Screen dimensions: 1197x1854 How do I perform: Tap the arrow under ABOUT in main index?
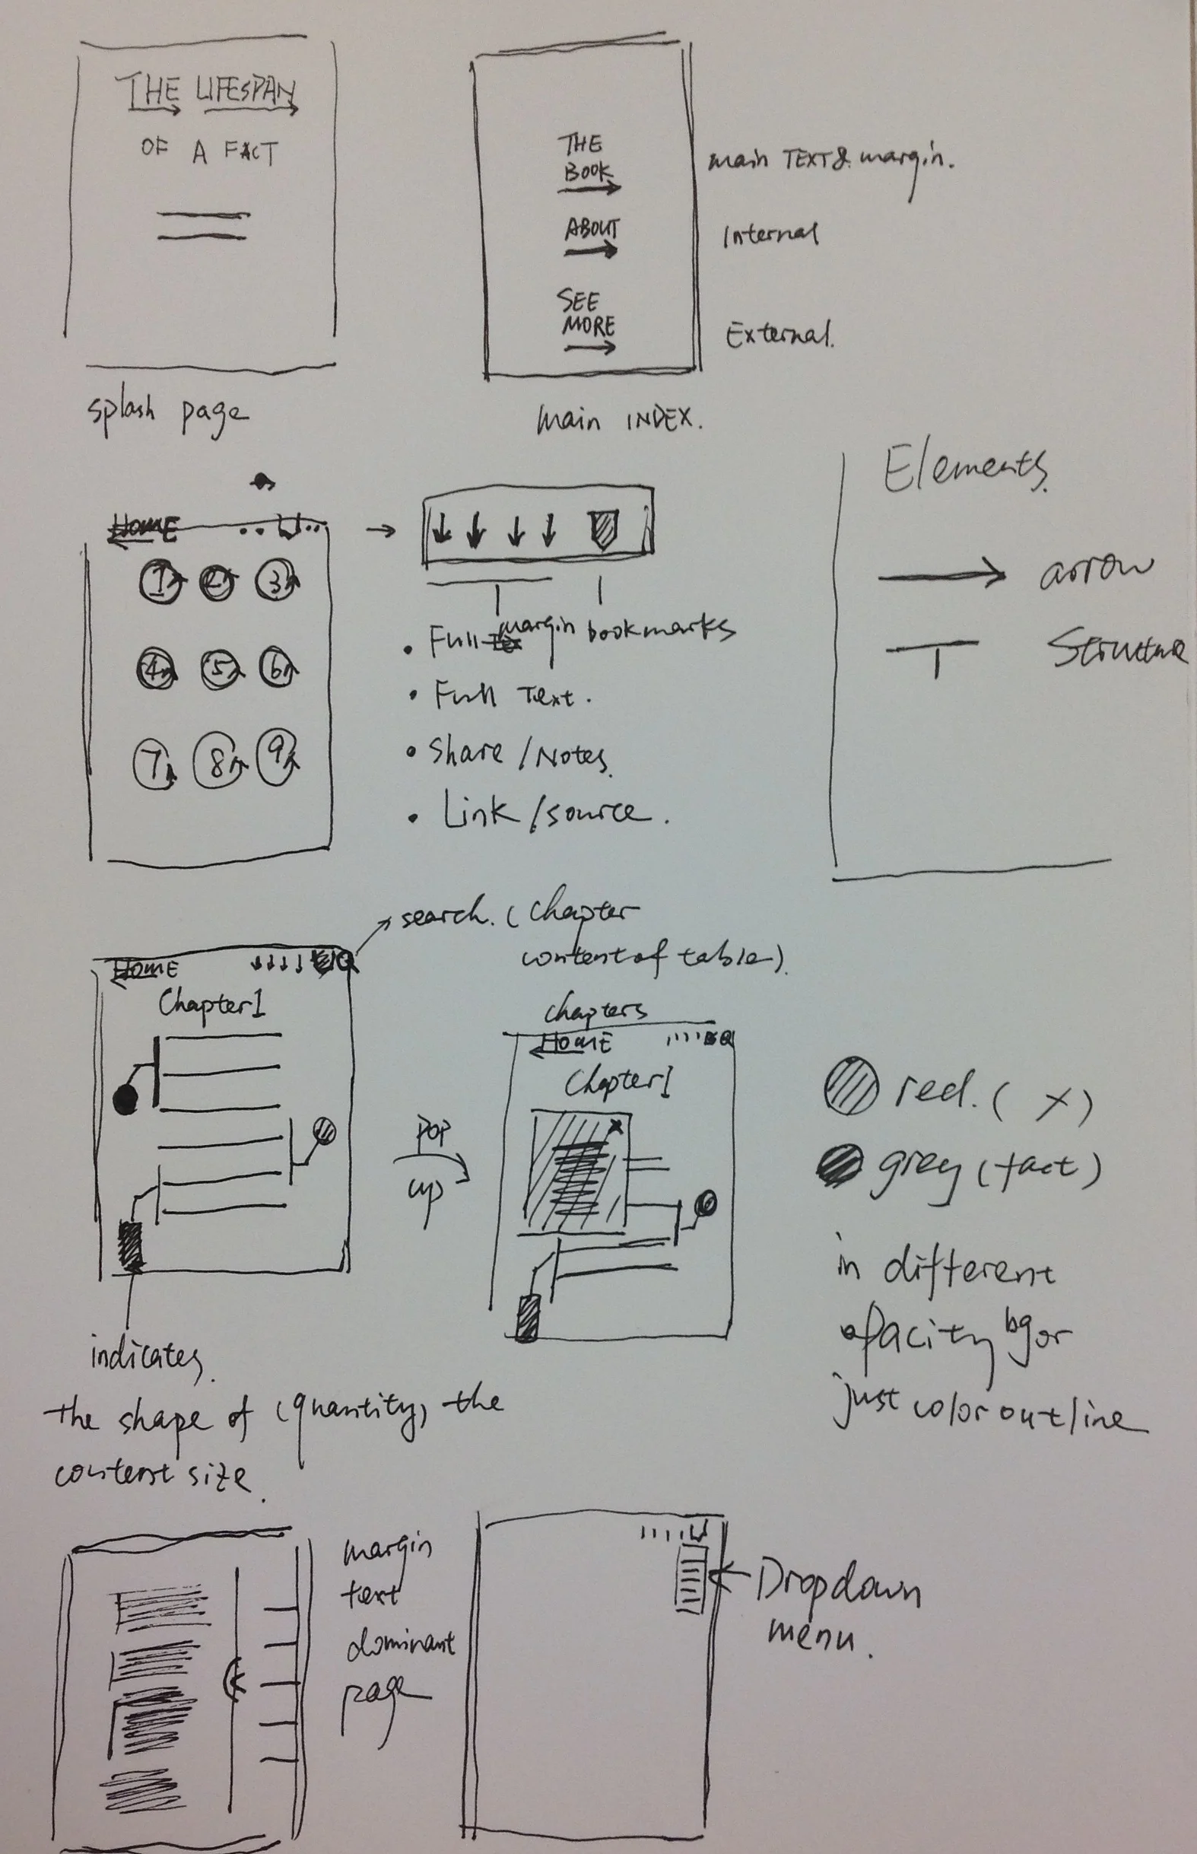pos(592,250)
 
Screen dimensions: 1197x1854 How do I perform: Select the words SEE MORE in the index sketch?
pos(588,313)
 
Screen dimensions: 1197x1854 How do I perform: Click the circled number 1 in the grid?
pos(161,581)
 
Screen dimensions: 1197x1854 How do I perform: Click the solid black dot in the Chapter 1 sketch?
pos(125,1101)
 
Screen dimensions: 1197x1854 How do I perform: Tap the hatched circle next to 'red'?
pos(851,1086)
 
